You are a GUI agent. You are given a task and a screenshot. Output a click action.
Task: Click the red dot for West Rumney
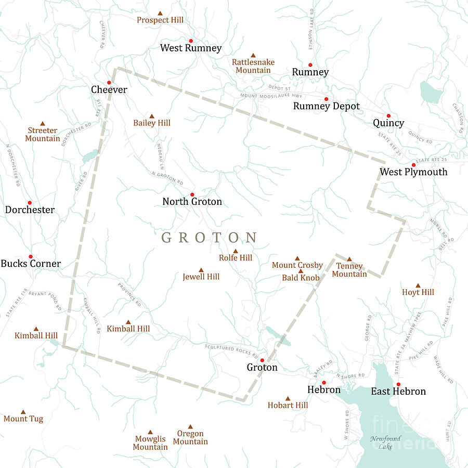point(191,41)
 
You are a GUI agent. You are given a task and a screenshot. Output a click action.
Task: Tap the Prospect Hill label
point(160,20)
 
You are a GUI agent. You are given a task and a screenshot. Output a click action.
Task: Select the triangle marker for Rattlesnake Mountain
point(253,55)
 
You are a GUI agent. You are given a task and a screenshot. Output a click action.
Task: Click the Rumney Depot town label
point(327,106)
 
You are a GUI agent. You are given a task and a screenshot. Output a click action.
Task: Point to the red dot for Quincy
point(388,115)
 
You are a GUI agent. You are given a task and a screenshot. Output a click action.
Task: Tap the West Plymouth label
point(413,172)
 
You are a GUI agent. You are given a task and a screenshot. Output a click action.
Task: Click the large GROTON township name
point(210,238)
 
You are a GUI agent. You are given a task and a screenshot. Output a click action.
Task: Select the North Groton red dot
point(192,194)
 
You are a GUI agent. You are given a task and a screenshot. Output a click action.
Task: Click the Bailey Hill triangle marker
point(152,116)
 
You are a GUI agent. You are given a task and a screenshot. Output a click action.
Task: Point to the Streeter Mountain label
point(43,135)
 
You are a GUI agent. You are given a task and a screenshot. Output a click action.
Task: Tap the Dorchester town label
point(30,210)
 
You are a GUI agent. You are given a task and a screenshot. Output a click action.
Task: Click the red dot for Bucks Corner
point(30,256)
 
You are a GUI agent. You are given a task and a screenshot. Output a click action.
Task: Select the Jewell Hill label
point(201,277)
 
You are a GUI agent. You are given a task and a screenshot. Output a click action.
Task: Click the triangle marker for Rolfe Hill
point(236,251)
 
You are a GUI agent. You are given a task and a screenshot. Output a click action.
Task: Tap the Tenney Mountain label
point(349,270)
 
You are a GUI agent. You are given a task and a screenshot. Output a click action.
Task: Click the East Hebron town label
point(398,392)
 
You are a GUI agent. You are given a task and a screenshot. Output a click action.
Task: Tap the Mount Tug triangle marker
point(23,411)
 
